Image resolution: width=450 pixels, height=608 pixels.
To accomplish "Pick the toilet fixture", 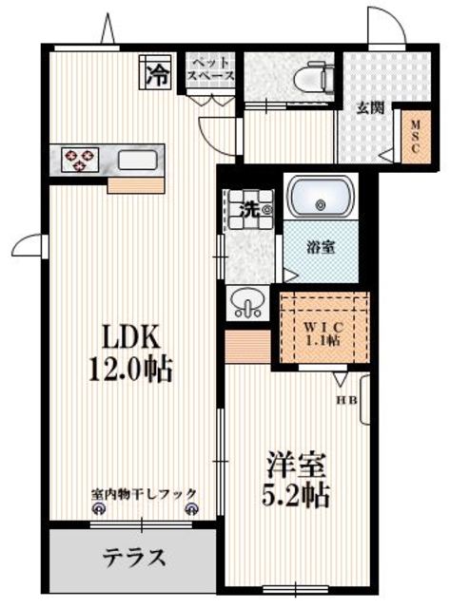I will tap(308, 75).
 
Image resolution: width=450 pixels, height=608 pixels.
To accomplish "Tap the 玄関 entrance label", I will tap(370, 107).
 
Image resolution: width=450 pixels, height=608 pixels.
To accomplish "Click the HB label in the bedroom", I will tap(345, 399).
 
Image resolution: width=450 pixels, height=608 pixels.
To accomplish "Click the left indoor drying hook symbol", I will tap(97, 509).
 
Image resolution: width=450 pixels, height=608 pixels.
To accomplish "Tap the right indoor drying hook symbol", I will tap(191, 509).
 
